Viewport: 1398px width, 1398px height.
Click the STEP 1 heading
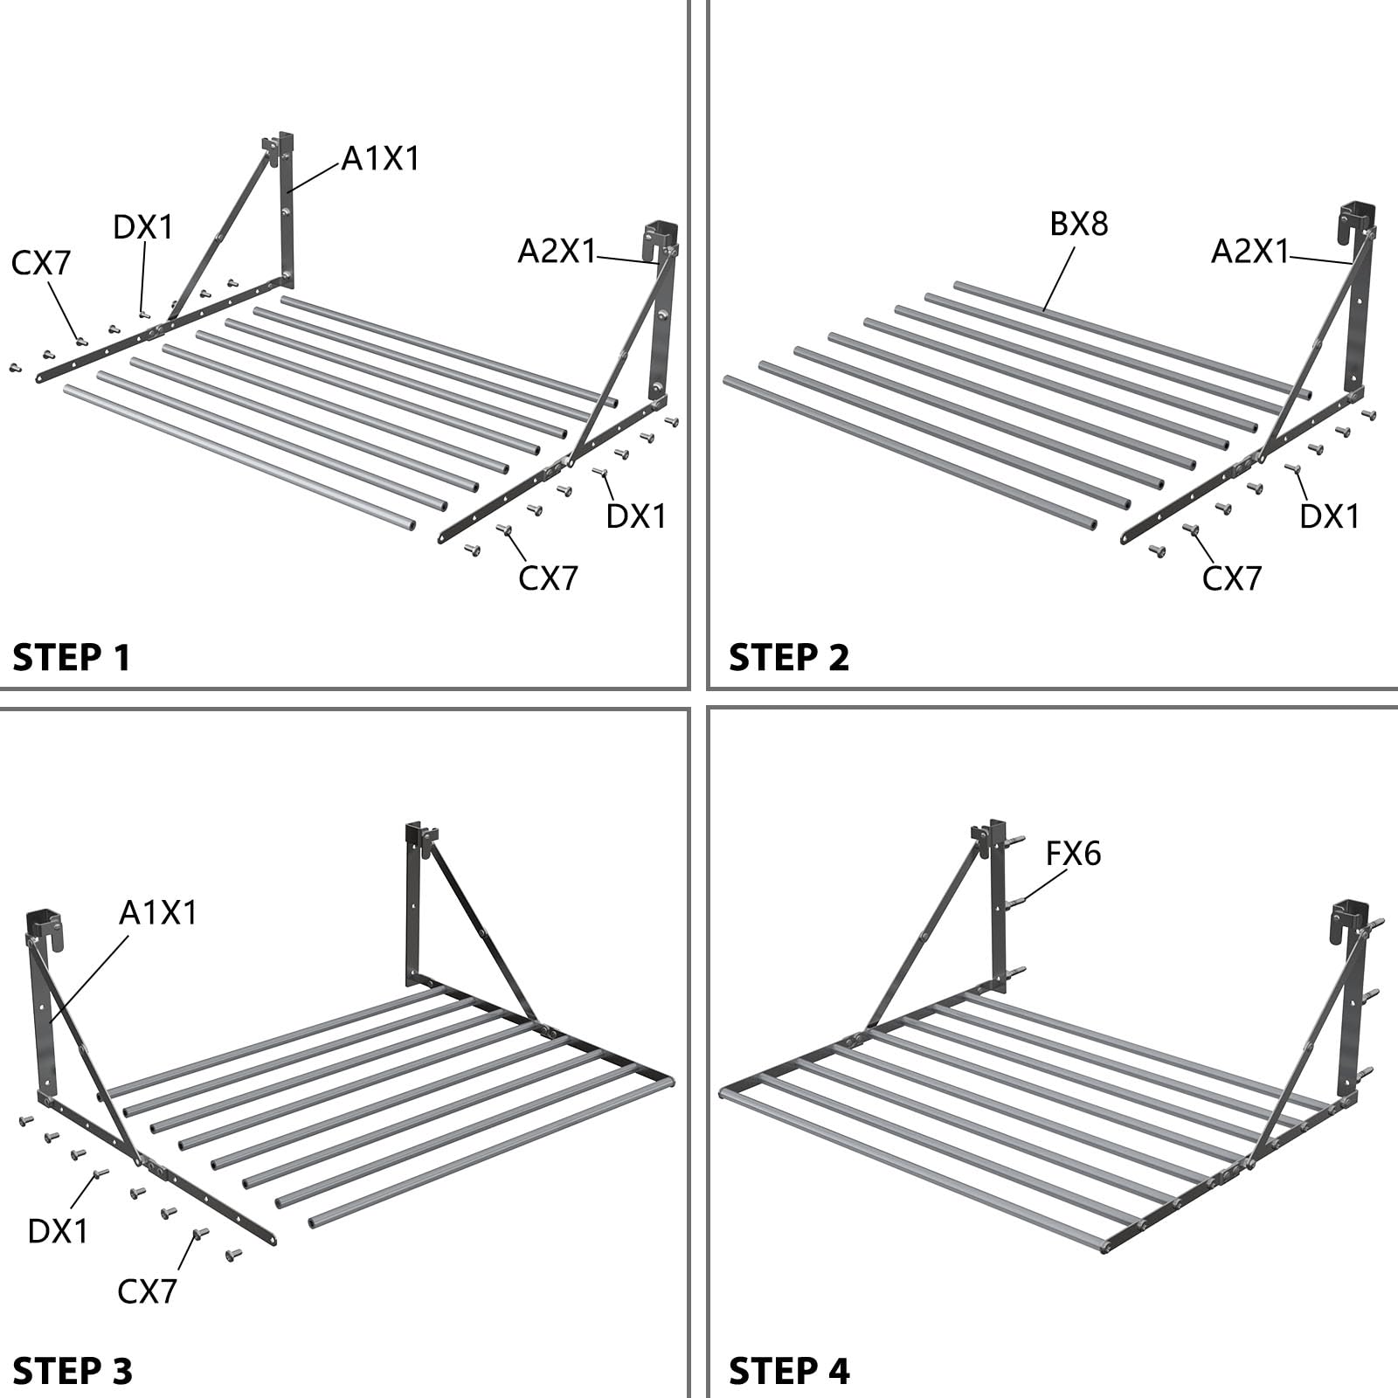(72, 657)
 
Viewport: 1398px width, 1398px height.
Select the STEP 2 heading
(789, 657)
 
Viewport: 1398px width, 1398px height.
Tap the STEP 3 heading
(73, 1370)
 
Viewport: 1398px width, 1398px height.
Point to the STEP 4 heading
(789, 1370)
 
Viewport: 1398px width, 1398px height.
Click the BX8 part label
(1079, 225)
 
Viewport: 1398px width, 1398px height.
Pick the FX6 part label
(1074, 853)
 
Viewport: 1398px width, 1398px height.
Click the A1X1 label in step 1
(380, 158)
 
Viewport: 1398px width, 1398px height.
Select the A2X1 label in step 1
(557, 252)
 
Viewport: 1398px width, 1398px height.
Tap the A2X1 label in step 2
(1250, 252)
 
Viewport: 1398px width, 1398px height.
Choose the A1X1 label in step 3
(158, 913)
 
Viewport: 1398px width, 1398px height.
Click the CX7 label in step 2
(1232, 578)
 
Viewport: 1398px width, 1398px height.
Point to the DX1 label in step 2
(1330, 516)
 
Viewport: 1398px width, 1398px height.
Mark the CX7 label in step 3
(148, 1291)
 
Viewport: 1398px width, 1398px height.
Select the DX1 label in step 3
(59, 1231)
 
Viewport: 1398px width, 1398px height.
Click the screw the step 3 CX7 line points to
(200, 1233)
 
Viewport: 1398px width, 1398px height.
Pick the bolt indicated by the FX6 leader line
(1016, 902)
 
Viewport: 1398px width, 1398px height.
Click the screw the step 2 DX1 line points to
(1292, 468)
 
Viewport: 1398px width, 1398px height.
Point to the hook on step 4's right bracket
(1346, 922)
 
